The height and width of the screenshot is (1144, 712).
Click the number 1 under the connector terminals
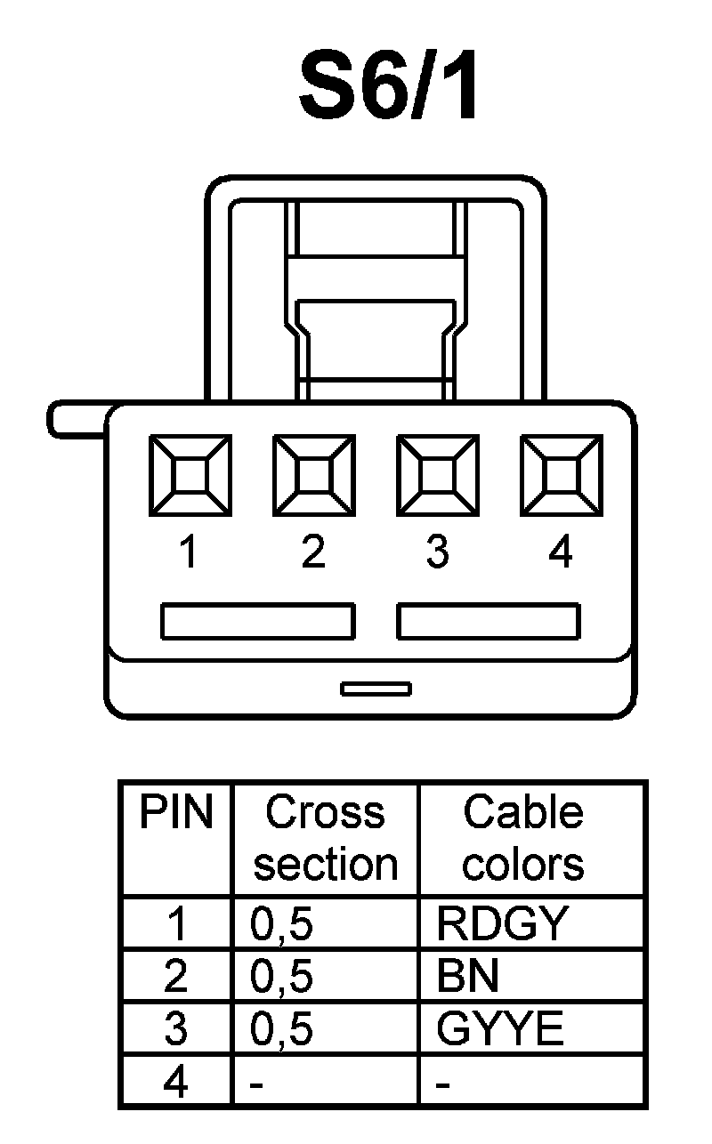point(188,553)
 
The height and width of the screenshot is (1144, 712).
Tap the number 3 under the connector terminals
point(436,553)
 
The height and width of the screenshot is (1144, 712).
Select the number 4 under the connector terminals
point(561,553)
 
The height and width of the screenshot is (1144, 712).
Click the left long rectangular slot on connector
point(257,621)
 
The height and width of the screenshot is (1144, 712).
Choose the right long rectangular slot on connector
point(489,621)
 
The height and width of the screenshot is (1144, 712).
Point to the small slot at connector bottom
point(376,688)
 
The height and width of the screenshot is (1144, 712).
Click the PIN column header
point(176,813)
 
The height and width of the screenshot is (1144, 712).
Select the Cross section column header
point(325,838)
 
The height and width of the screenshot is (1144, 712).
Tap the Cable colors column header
point(523,838)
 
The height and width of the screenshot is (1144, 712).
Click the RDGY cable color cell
point(501,924)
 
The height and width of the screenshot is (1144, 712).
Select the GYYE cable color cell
point(500,1029)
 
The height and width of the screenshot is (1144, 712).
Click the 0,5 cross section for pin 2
point(282,977)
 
